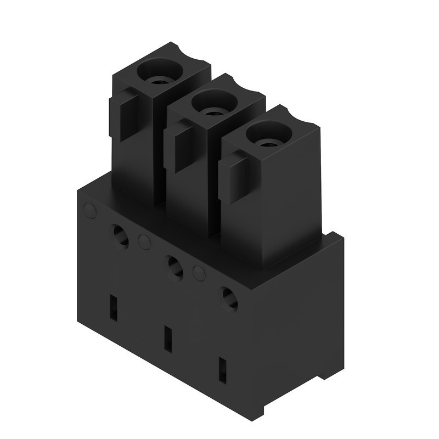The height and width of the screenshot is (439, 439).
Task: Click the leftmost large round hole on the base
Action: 120,236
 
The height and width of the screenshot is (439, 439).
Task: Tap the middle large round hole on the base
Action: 175,267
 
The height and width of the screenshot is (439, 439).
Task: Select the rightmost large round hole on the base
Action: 229,299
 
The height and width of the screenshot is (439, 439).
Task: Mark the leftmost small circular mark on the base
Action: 89,210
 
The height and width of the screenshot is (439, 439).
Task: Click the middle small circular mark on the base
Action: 144,241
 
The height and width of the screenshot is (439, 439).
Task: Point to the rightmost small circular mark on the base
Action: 199,273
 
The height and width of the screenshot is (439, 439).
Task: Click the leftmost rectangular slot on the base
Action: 114,308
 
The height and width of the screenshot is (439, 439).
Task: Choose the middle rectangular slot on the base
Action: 168,339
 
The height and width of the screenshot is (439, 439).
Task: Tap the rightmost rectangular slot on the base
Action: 222,370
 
